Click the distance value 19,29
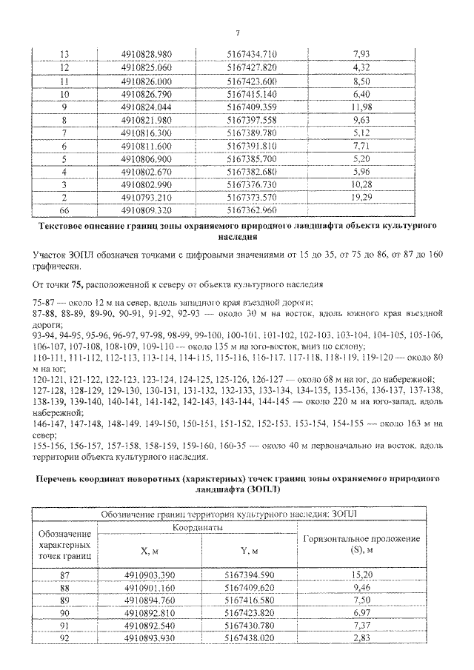point(362,198)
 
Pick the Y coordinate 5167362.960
point(252,210)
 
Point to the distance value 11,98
point(362,107)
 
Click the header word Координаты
point(198,527)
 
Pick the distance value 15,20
point(362,574)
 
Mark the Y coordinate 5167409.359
point(252,107)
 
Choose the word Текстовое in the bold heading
point(65,224)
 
